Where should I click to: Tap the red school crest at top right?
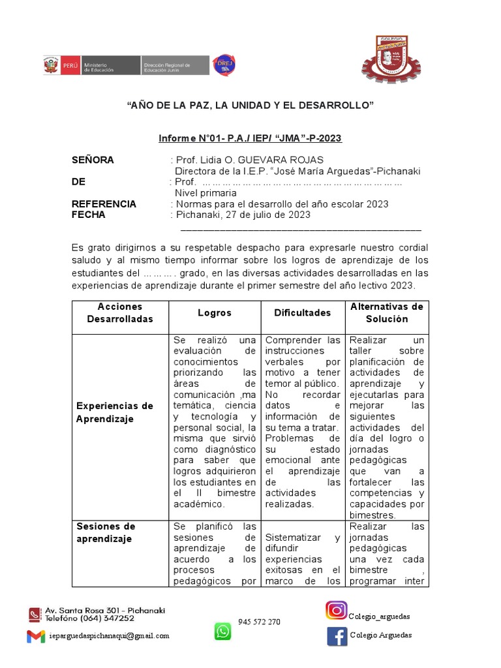(x=391, y=61)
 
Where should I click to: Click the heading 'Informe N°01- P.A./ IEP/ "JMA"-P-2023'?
(x=250, y=139)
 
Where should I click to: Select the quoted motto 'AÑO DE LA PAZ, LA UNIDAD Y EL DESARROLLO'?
(x=250, y=106)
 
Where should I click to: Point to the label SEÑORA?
(x=93, y=160)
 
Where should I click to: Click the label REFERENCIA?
(x=104, y=204)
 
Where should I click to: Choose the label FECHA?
(x=88, y=215)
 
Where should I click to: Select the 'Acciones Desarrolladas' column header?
(x=120, y=312)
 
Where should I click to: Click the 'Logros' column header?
(x=215, y=313)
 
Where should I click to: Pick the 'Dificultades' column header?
(x=303, y=313)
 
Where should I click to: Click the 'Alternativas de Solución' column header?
(x=387, y=312)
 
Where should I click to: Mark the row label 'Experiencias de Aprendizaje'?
(x=115, y=412)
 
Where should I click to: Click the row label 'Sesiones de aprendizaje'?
(x=106, y=532)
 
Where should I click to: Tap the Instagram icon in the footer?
(x=336, y=611)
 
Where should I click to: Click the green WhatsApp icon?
(x=223, y=631)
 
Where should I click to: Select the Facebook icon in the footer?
(x=337, y=635)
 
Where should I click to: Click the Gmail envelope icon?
(x=36, y=636)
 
